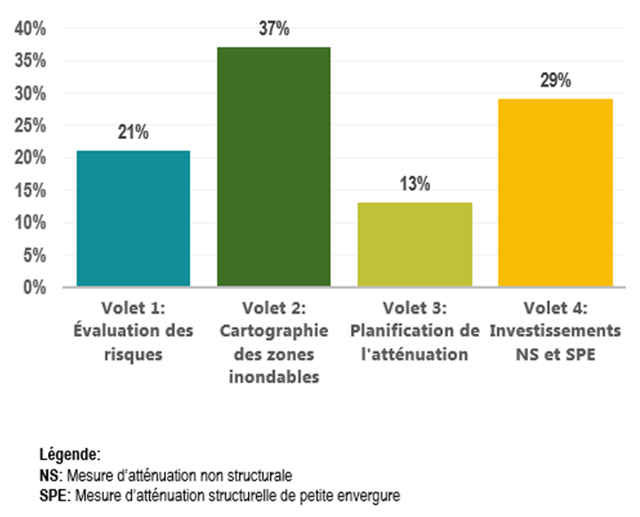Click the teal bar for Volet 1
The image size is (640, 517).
coord(133,218)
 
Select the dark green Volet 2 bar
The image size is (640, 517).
coord(274,167)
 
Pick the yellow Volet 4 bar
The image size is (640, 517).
coord(556,192)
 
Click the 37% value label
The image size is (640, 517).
coord(274,30)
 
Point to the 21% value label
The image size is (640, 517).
coord(133,133)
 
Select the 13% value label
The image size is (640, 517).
coord(415,185)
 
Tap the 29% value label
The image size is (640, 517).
coord(556,81)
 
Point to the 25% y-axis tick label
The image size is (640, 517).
coord(31,125)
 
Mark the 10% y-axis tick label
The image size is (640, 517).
coord(31,223)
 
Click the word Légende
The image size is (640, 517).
coord(70,455)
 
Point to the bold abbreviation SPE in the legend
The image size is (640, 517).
coord(50,495)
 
